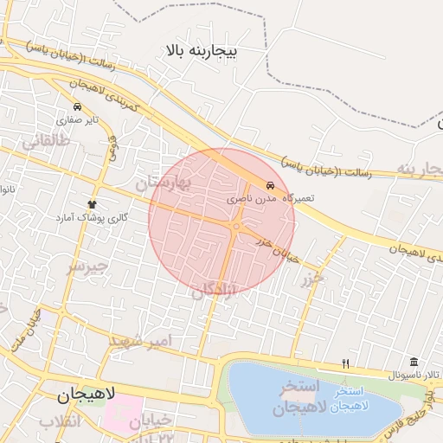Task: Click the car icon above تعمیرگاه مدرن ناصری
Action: [271, 186]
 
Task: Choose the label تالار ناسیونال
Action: [414, 377]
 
